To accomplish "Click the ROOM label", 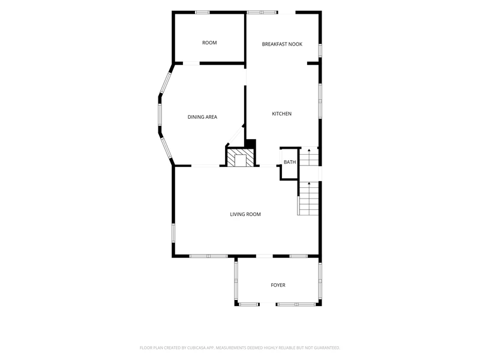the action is (x=209, y=43).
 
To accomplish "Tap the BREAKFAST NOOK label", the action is (x=282, y=44).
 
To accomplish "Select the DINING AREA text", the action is (x=202, y=117).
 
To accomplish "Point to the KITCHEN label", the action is (x=281, y=114).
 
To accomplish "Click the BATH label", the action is (x=290, y=162).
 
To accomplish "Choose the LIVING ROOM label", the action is (x=245, y=214).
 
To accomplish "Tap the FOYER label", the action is (x=278, y=286).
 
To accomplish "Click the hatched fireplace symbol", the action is (x=241, y=157).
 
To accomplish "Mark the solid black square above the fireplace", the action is (x=251, y=143).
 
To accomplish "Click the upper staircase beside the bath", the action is (x=309, y=157).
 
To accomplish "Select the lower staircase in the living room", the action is (x=308, y=199).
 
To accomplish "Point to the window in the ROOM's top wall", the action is (x=202, y=13).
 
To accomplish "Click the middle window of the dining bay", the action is (x=160, y=114).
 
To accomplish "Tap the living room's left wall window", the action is (x=173, y=233).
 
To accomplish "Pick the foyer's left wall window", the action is (x=236, y=280).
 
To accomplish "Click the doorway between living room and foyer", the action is (x=264, y=256).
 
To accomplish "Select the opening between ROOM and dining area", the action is (x=191, y=64).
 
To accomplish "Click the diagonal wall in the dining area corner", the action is (x=235, y=136).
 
